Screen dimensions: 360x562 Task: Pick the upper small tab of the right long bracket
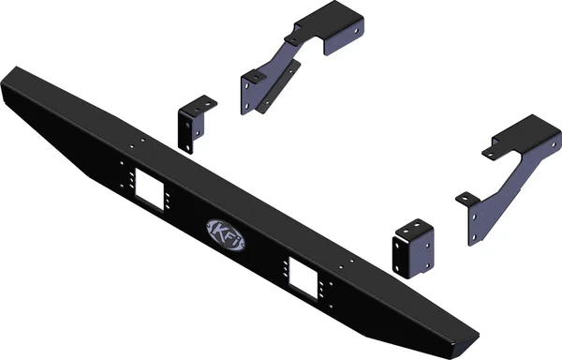coord(493,146)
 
